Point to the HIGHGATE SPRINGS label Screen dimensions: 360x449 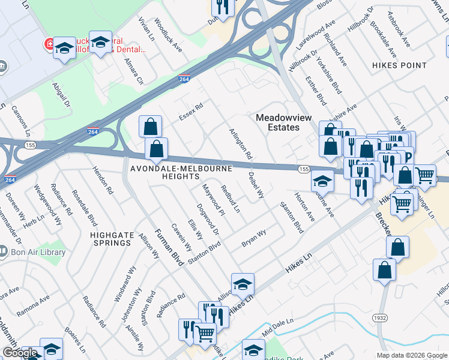tap(111, 239)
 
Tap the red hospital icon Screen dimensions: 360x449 tap(48, 44)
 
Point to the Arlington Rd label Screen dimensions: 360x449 tap(240, 143)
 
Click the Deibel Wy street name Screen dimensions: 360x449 tap(256, 186)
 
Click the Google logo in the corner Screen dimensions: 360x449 tap(20, 353)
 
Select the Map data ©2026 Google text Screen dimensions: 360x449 tap(412, 355)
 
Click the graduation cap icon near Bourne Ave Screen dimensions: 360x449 tap(322, 180)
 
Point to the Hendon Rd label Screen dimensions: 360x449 tap(103, 179)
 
